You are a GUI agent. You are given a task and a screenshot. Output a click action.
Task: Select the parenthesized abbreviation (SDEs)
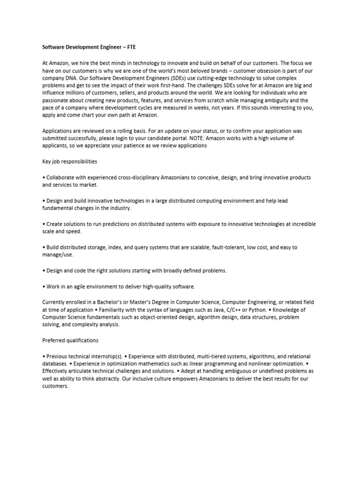click(x=183, y=77)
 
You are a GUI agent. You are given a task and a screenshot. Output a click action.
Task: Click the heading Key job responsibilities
click(x=70, y=161)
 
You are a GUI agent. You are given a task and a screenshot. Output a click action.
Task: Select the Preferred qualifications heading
click(x=70, y=340)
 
